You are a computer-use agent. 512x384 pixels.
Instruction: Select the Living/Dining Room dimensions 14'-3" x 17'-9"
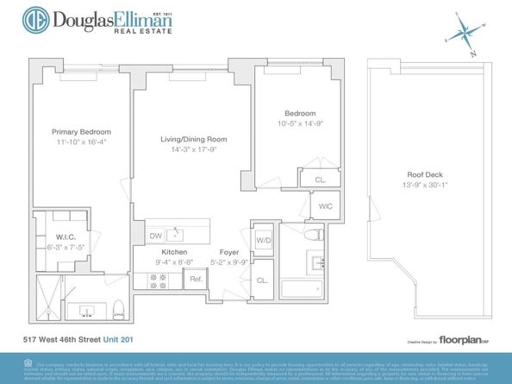coord(193,149)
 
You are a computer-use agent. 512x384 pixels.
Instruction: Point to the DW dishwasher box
coord(156,236)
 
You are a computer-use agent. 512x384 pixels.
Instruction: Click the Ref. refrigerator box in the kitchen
coord(195,279)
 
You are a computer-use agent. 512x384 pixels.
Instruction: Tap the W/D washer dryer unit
coord(263,239)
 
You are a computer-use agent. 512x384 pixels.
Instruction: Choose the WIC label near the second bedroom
coord(326,206)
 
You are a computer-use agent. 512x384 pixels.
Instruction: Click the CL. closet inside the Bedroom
coord(319,179)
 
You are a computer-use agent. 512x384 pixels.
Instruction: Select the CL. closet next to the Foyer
coord(262,280)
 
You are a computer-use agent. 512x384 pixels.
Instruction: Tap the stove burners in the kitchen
coord(159,279)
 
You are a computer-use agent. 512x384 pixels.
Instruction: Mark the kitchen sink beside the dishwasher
coord(178,233)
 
